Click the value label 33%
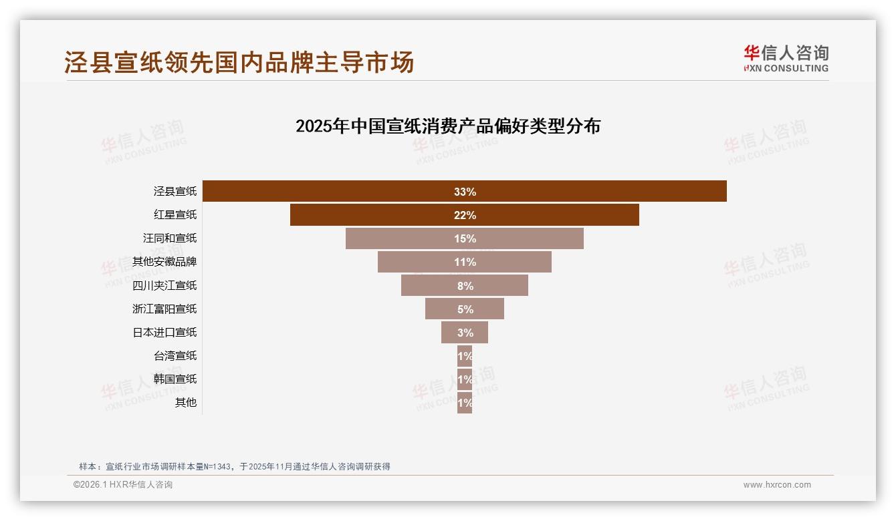point(465,192)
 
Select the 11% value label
point(465,262)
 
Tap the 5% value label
point(465,309)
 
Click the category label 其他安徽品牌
point(164,262)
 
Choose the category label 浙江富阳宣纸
point(164,309)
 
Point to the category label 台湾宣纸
point(175,355)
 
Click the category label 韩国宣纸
point(175,379)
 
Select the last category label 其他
point(186,402)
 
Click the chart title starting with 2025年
point(448,126)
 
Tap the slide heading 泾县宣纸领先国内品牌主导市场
point(239,62)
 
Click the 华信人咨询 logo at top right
point(786,58)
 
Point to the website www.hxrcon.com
point(777,485)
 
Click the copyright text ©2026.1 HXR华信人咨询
point(123,485)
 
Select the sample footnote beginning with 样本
point(234,466)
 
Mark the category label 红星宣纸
point(175,215)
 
